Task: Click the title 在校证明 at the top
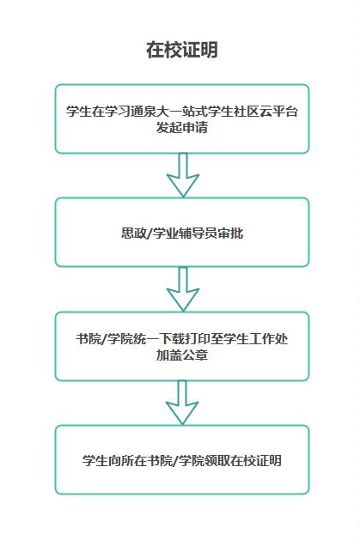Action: [182, 50]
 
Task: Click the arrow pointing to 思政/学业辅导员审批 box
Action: [183, 175]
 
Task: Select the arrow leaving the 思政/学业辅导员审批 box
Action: [183, 289]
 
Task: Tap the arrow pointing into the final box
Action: [182, 403]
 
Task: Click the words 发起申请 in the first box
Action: [182, 127]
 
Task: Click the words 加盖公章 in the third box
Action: [182, 355]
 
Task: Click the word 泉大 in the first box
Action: [156, 112]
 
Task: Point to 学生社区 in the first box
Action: [234, 112]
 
